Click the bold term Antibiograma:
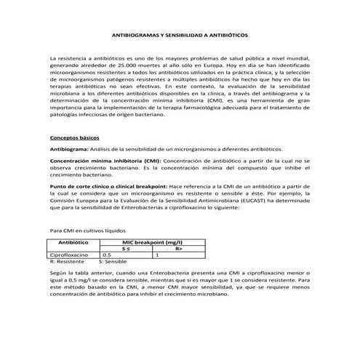tap(69, 148)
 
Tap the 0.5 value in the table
tap(107, 255)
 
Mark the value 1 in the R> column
tap(158, 255)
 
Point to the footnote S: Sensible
tap(113, 261)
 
